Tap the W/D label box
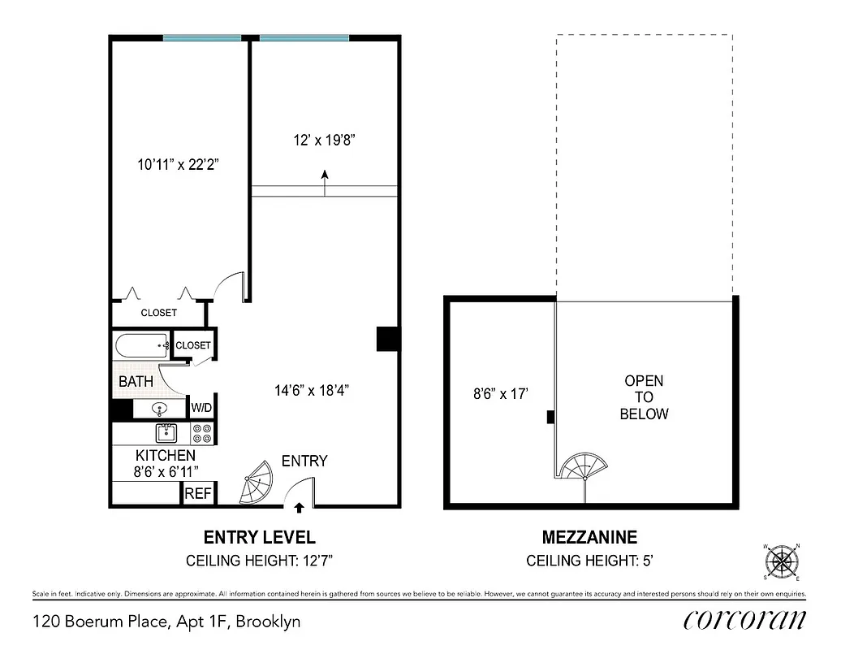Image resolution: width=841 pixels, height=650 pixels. click(201, 407)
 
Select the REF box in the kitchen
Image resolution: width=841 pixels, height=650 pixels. click(197, 493)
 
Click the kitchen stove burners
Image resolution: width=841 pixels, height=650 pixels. click(202, 433)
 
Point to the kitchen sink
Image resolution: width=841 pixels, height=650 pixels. click(166, 431)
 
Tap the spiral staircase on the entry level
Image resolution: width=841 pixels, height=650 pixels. click(259, 484)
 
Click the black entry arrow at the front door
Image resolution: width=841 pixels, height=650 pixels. click(300, 509)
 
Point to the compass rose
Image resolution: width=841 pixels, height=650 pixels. click(783, 561)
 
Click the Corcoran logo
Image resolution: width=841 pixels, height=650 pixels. click(744, 620)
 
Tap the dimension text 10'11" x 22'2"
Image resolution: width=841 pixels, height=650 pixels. click(179, 164)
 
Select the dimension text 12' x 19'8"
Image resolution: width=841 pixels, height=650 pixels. click(325, 140)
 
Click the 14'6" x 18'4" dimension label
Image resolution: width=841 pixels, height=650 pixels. click(312, 389)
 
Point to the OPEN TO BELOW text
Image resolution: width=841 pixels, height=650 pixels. click(644, 397)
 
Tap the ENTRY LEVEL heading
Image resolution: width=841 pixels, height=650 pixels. click(259, 537)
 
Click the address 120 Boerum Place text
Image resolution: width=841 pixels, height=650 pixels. click(166, 622)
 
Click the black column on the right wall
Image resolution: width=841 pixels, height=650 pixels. click(387, 338)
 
